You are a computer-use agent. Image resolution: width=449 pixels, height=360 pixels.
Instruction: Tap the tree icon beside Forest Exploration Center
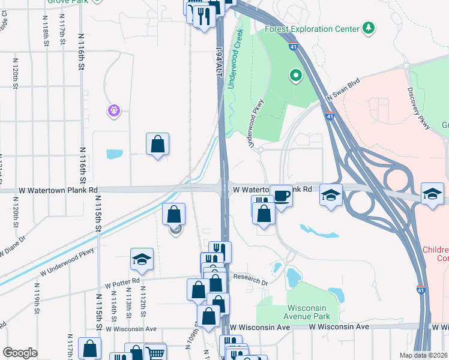368,28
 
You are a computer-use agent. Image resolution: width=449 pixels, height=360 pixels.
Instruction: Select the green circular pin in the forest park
295,76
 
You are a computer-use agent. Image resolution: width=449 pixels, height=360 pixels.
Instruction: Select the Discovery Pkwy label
419,108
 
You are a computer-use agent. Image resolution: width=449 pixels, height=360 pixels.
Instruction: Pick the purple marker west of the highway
114,110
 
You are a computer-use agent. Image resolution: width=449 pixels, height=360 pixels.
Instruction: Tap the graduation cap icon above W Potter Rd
141,260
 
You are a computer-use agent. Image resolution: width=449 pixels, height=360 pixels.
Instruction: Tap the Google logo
20,353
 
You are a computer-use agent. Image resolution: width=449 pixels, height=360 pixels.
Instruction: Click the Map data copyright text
423,355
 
